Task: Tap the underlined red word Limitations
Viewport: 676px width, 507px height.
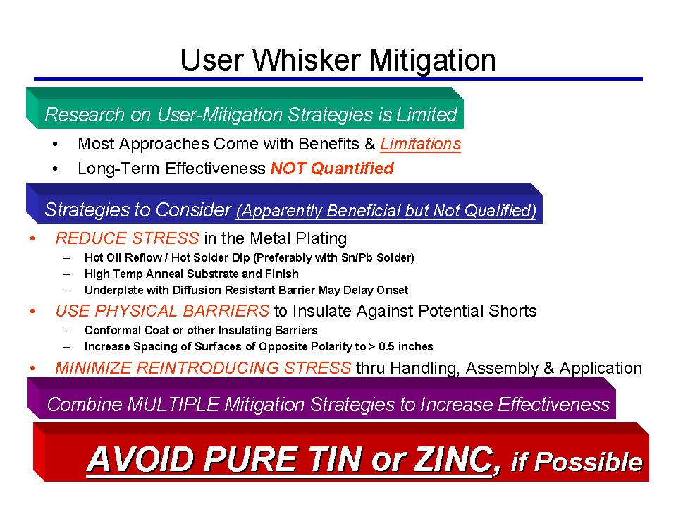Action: [x=420, y=144]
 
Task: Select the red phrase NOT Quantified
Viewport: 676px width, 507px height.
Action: [x=332, y=168]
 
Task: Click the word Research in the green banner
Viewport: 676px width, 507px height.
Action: [x=85, y=115]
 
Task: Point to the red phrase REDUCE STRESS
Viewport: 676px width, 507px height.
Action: [x=127, y=238]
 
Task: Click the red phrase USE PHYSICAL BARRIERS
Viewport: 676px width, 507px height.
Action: [x=163, y=311]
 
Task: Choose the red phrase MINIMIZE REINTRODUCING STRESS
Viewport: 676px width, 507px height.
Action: [x=203, y=368]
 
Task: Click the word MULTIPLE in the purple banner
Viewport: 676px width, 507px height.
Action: [x=173, y=404]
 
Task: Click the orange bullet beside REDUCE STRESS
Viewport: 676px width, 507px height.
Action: [x=32, y=238]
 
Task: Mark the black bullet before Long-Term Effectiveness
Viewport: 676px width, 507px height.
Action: [x=55, y=169]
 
